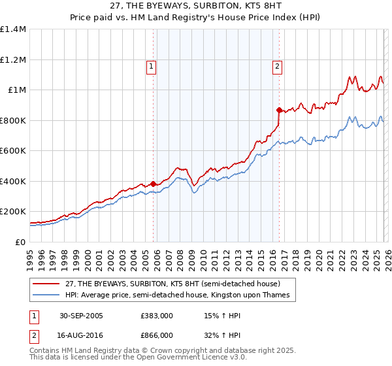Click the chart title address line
tap(195, 7)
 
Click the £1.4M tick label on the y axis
tap(13, 29)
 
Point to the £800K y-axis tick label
tap(13, 120)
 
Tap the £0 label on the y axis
tap(19, 242)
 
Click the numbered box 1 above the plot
tap(151, 65)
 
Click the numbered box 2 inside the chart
tap(277, 65)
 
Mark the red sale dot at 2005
tap(154, 184)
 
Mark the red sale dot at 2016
tap(279, 110)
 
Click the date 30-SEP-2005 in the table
tap(81, 316)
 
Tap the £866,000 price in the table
tap(157, 335)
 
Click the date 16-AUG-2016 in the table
tap(81, 335)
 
